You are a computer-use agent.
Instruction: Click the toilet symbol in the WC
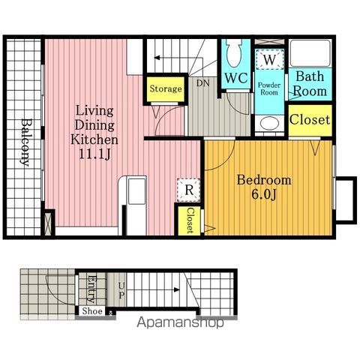pos(234,52)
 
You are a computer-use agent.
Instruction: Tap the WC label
pos(236,78)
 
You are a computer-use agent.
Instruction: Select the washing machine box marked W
pos(269,59)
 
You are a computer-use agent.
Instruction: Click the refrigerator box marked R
pos(189,190)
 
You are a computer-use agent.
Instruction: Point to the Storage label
pos(166,88)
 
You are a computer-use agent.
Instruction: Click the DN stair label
pos(202,83)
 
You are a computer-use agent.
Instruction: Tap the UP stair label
pos(121,290)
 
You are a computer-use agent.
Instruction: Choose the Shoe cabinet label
pos(92,311)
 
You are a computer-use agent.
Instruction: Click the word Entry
pos(91,289)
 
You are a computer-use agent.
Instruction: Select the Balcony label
pos(25,142)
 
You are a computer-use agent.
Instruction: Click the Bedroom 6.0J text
pos(264,187)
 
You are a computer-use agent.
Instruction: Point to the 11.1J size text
pos(94,154)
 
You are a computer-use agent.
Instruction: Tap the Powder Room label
pos(269,88)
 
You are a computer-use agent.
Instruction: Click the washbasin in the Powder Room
pos(269,124)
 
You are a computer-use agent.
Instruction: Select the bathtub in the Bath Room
pos(310,53)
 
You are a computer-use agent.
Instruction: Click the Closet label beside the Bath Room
pos(310,119)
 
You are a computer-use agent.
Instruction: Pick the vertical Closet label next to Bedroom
pos(190,220)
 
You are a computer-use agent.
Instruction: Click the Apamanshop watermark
pos(180,322)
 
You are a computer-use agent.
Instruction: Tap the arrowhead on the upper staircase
pos(157,58)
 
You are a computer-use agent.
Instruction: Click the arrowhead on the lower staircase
pos(177,290)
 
